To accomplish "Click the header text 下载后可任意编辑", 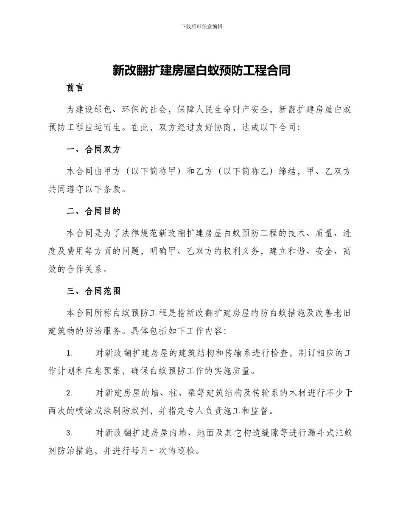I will [201, 26].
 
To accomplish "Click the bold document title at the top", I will [201, 70].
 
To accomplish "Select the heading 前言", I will [75, 88].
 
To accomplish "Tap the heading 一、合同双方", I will [94, 149].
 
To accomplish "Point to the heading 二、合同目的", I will [94, 211].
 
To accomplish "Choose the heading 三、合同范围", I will [94, 291].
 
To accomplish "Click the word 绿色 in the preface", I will [111, 109].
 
